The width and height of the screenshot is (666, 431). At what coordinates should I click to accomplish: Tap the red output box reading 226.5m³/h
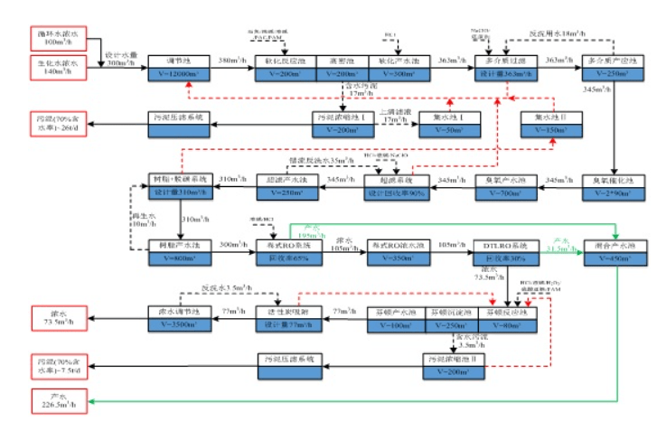click(55, 400)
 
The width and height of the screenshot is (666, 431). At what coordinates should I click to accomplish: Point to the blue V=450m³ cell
click(608, 259)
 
